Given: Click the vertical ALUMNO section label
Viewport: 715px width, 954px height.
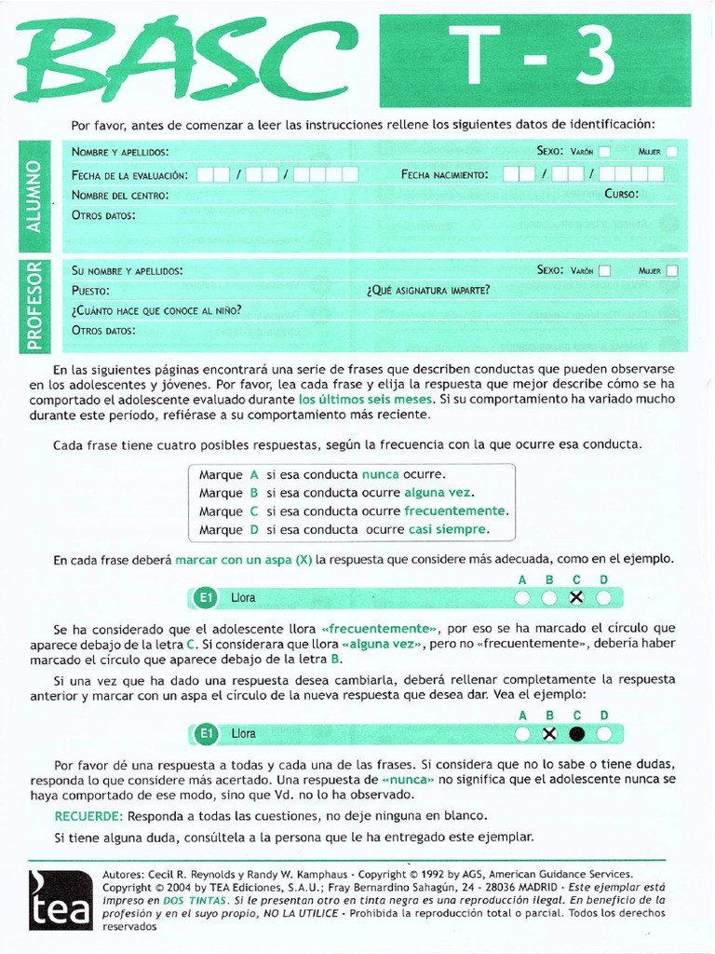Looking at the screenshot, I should click(34, 197).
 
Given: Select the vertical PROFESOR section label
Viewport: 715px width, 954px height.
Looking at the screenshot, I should click(34, 305).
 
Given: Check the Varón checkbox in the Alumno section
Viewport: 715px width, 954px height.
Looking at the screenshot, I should click(604, 151).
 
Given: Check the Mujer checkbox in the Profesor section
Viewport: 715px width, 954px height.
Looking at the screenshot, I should click(672, 271).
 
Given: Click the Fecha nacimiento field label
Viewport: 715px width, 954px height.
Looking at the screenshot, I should click(444, 174).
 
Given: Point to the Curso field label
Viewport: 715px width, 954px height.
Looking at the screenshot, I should click(621, 195).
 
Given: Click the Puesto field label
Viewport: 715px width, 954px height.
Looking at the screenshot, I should click(91, 291).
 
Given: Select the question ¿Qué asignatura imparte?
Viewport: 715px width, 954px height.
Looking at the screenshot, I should click(427, 291).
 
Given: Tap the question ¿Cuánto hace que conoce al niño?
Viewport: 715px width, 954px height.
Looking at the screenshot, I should click(156, 310).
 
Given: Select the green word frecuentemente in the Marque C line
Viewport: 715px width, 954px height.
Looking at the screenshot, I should click(456, 511).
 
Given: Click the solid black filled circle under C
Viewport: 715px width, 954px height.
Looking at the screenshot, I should click(576, 734).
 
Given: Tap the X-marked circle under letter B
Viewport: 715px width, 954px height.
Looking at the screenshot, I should click(549, 734).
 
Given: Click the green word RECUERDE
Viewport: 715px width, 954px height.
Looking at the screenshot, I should click(85, 816).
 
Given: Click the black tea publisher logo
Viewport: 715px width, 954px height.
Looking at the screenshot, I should click(59, 899).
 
